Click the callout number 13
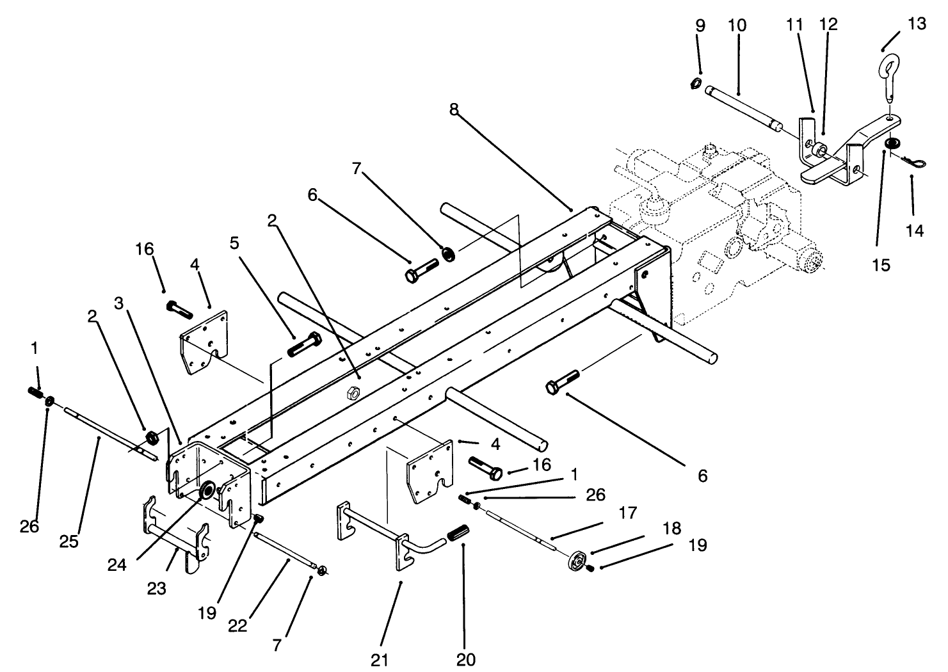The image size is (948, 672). click(917, 24)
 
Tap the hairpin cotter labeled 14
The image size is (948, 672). click(914, 161)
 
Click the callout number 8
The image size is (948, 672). click(454, 109)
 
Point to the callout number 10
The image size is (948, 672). click(737, 26)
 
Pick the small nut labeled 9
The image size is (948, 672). click(696, 83)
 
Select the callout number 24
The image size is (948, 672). click(116, 565)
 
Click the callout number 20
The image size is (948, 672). click(466, 659)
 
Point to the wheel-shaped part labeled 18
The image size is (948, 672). click(577, 561)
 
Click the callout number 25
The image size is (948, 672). click(69, 541)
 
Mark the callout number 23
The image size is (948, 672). click(157, 589)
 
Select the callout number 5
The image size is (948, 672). click(234, 243)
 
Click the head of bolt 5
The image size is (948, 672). click(316, 339)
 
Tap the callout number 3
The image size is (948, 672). click(119, 303)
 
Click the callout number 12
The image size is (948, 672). click(828, 24)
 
